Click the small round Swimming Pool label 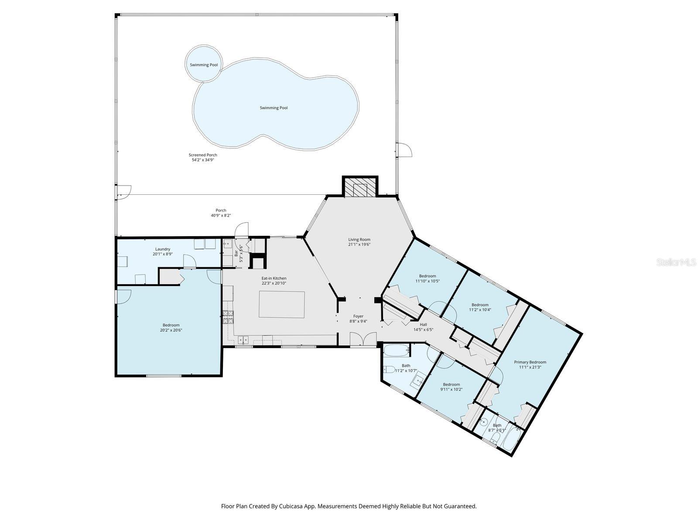(x=203, y=65)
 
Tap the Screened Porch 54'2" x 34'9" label (x=203, y=158)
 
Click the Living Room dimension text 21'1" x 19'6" (x=359, y=245)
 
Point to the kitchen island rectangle (x=282, y=304)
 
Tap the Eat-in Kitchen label (x=274, y=280)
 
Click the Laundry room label (x=162, y=252)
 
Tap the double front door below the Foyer (x=363, y=339)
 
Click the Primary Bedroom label (x=530, y=364)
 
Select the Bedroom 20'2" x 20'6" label (x=171, y=327)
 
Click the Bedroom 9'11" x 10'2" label (x=451, y=387)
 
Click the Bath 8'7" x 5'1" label (x=497, y=427)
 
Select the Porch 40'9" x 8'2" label (x=221, y=213)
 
